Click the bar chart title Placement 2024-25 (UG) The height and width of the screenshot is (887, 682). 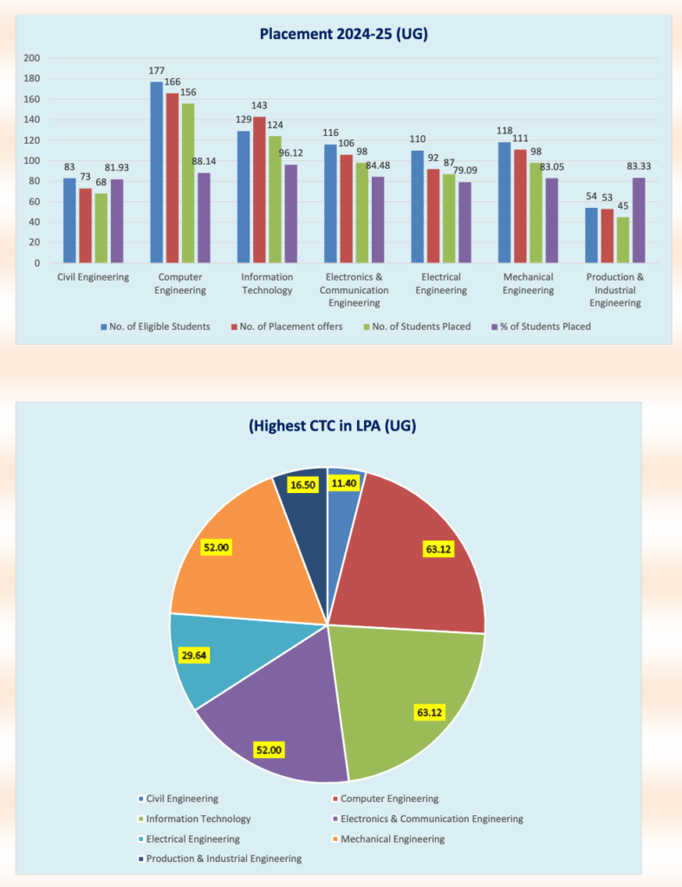pos(344,35)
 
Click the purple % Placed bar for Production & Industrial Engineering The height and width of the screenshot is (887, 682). pos(639,220)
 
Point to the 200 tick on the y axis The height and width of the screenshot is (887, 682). pos(32,58)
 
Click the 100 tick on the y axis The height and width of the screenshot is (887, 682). pos(32,160)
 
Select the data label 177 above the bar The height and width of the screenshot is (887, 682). pos(156,71)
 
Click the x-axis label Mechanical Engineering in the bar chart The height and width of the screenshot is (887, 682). pos(528,283)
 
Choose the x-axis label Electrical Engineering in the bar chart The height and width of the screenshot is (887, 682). pos(441,283)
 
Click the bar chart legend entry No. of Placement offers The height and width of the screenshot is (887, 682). pos(287,327)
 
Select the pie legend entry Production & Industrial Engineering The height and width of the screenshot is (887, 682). pos(224,858)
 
